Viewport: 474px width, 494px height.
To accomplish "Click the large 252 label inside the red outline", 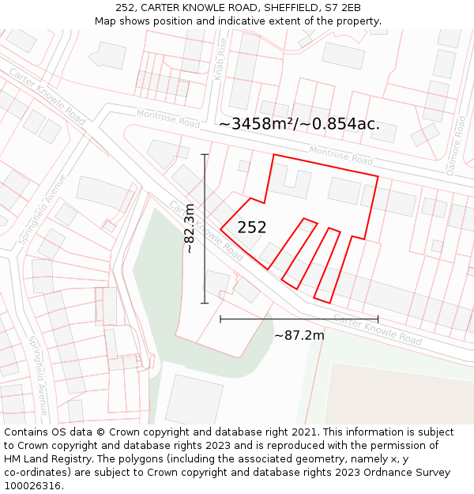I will [251, 228].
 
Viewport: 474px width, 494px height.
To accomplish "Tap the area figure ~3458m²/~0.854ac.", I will [299, 124].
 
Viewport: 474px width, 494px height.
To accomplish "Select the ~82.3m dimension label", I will [190, 228].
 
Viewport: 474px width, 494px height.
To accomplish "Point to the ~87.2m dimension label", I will [299, 335].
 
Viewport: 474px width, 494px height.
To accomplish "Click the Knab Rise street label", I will [220, 59].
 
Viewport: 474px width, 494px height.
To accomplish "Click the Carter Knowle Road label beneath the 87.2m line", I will [378, 328].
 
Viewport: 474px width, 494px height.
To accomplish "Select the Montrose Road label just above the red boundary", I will [340, 155].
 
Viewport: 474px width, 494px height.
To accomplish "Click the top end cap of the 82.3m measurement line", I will [205, 155].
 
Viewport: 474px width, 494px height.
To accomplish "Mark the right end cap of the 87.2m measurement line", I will [378, 319].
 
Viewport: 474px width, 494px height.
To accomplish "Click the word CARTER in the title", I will [163, 8].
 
